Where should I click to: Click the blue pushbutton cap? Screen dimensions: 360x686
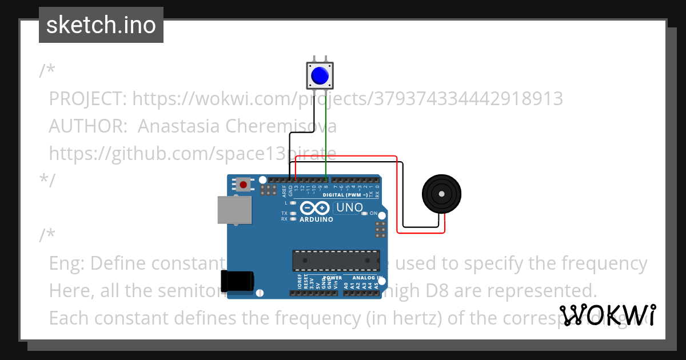pyautogui.click(x=319, y=75)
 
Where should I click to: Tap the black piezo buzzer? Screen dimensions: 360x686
pyautogui.click(x=441, y=194)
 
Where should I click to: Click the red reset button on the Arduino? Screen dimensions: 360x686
pyautogui.click(x=244, y=185)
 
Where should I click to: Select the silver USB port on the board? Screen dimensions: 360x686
pyautogui.click(x=234, y=210)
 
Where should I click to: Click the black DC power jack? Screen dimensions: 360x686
pyautogui.click(x=237, y=282)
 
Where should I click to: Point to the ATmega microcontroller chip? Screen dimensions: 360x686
pyautogui.click(x=336, y=260)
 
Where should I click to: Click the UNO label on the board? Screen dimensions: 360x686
pyautogui.click(x=349, y=207)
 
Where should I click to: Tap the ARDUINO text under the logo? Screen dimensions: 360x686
pyautogui.click(x=316, y=219)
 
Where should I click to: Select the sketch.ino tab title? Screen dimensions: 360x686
pyautogui.click(x=101, y=25)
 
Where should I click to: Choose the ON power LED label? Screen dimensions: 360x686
pyautogui.click(x=373, y=213)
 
